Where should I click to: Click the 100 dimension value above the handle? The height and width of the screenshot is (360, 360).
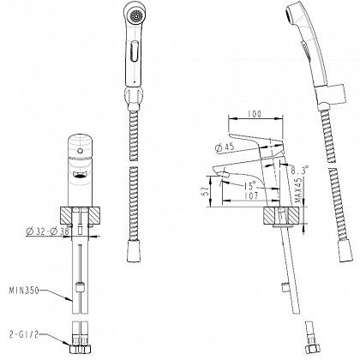pyautogui.click(x=255, y=114)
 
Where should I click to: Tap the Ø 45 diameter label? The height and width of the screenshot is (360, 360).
pyautogui.click(x=225, y=147)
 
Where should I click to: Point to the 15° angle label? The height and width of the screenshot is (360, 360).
pyautogui.click(x=249, y=186)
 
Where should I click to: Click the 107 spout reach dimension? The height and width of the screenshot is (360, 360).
pyautogui.click(x=251, y=196)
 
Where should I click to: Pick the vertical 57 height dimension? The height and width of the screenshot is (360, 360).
pyautogui.click(x=205, y=191)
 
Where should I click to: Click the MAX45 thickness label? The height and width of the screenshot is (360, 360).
pyautogui.click(x=299, y=190)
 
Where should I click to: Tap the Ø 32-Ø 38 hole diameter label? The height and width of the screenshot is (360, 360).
pyautogui.click(x=47, y=231)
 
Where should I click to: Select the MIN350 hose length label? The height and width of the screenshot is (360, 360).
pyautogui.click(x=24, y=291)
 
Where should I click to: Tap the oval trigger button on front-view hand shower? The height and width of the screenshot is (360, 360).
pyautogui.click(x=135, y=51)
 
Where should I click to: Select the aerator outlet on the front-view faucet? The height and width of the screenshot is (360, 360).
pyautogui.click(x=81, y=174)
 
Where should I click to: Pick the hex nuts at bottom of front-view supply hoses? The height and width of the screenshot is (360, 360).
pyautogui.click(x=80, y=350)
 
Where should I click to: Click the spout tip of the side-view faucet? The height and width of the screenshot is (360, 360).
pyautogui.click(x=224, y=175)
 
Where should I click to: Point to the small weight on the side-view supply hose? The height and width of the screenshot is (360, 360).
pyautogui.click(x=285, y=287)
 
